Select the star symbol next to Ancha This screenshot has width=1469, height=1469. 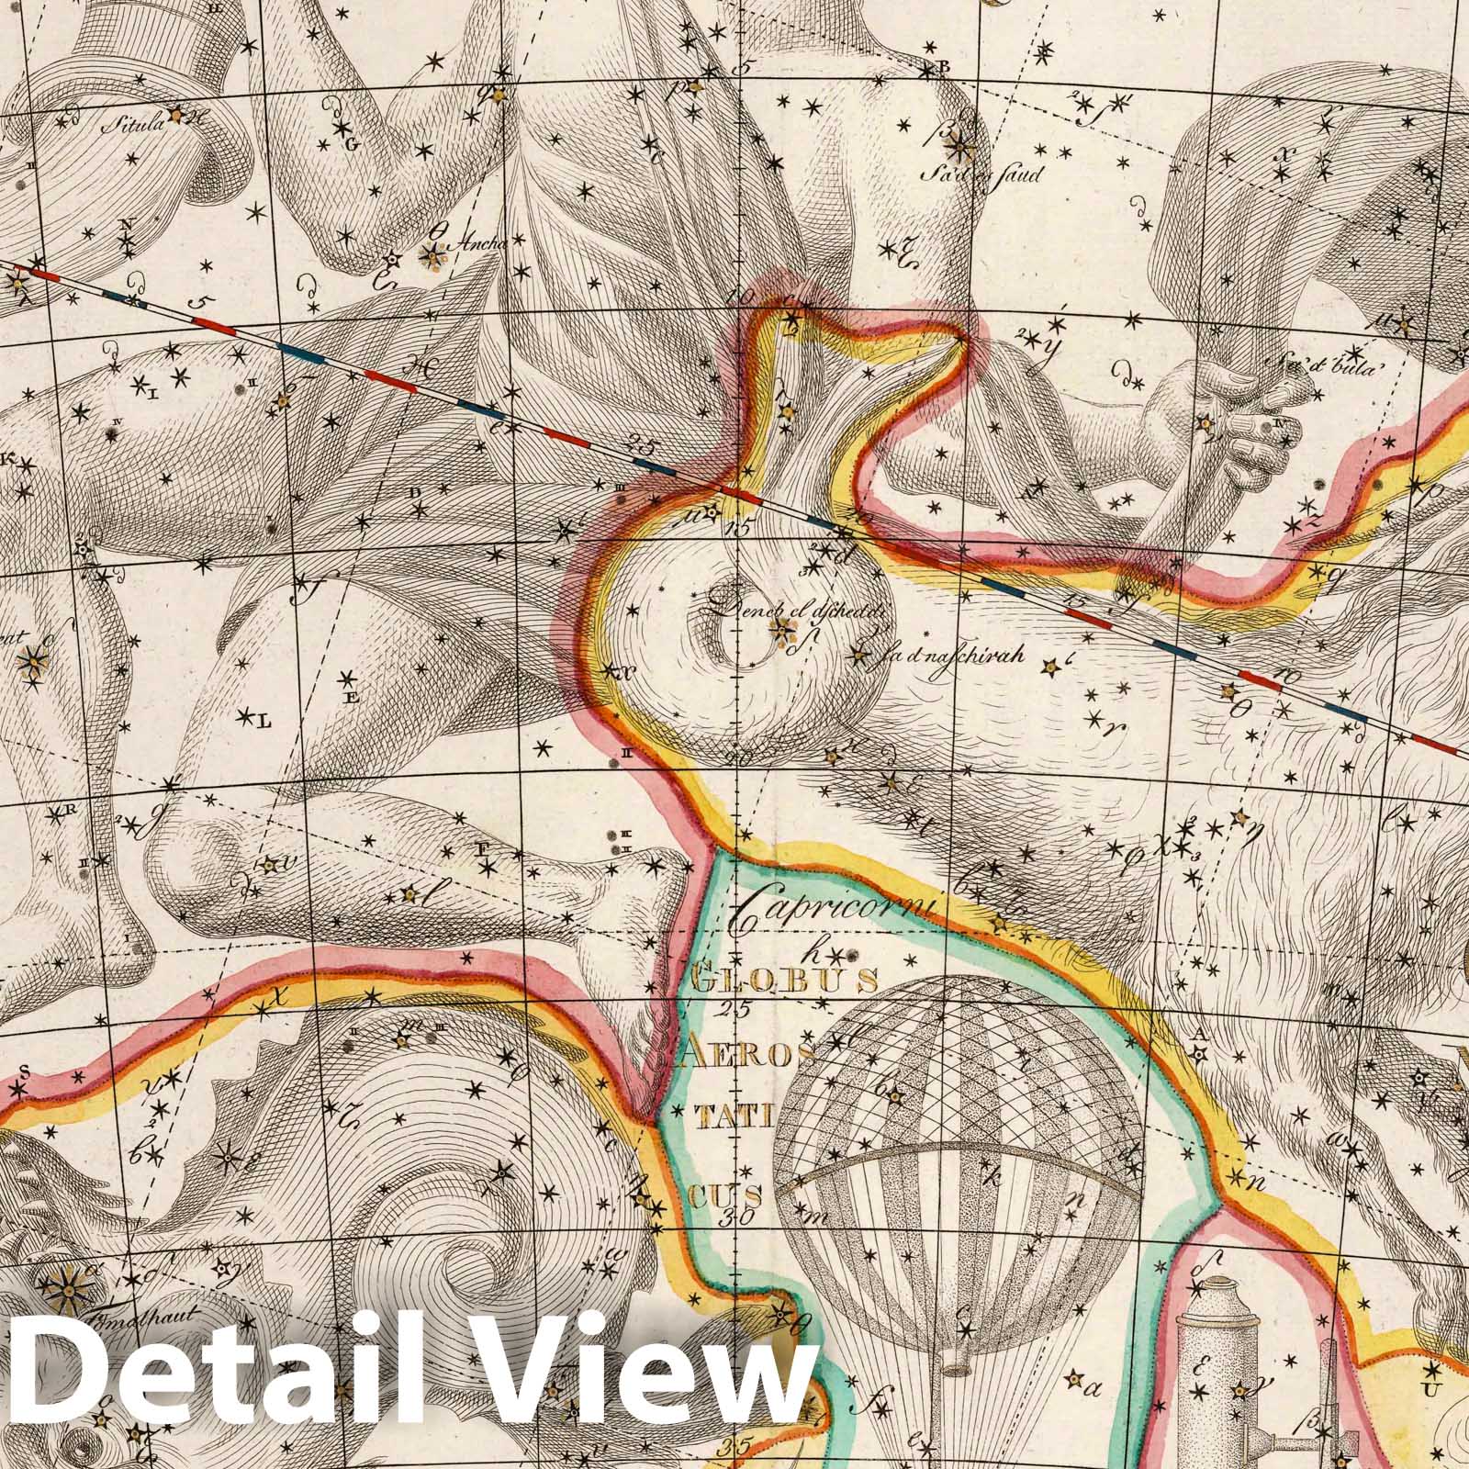pos(431,257)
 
